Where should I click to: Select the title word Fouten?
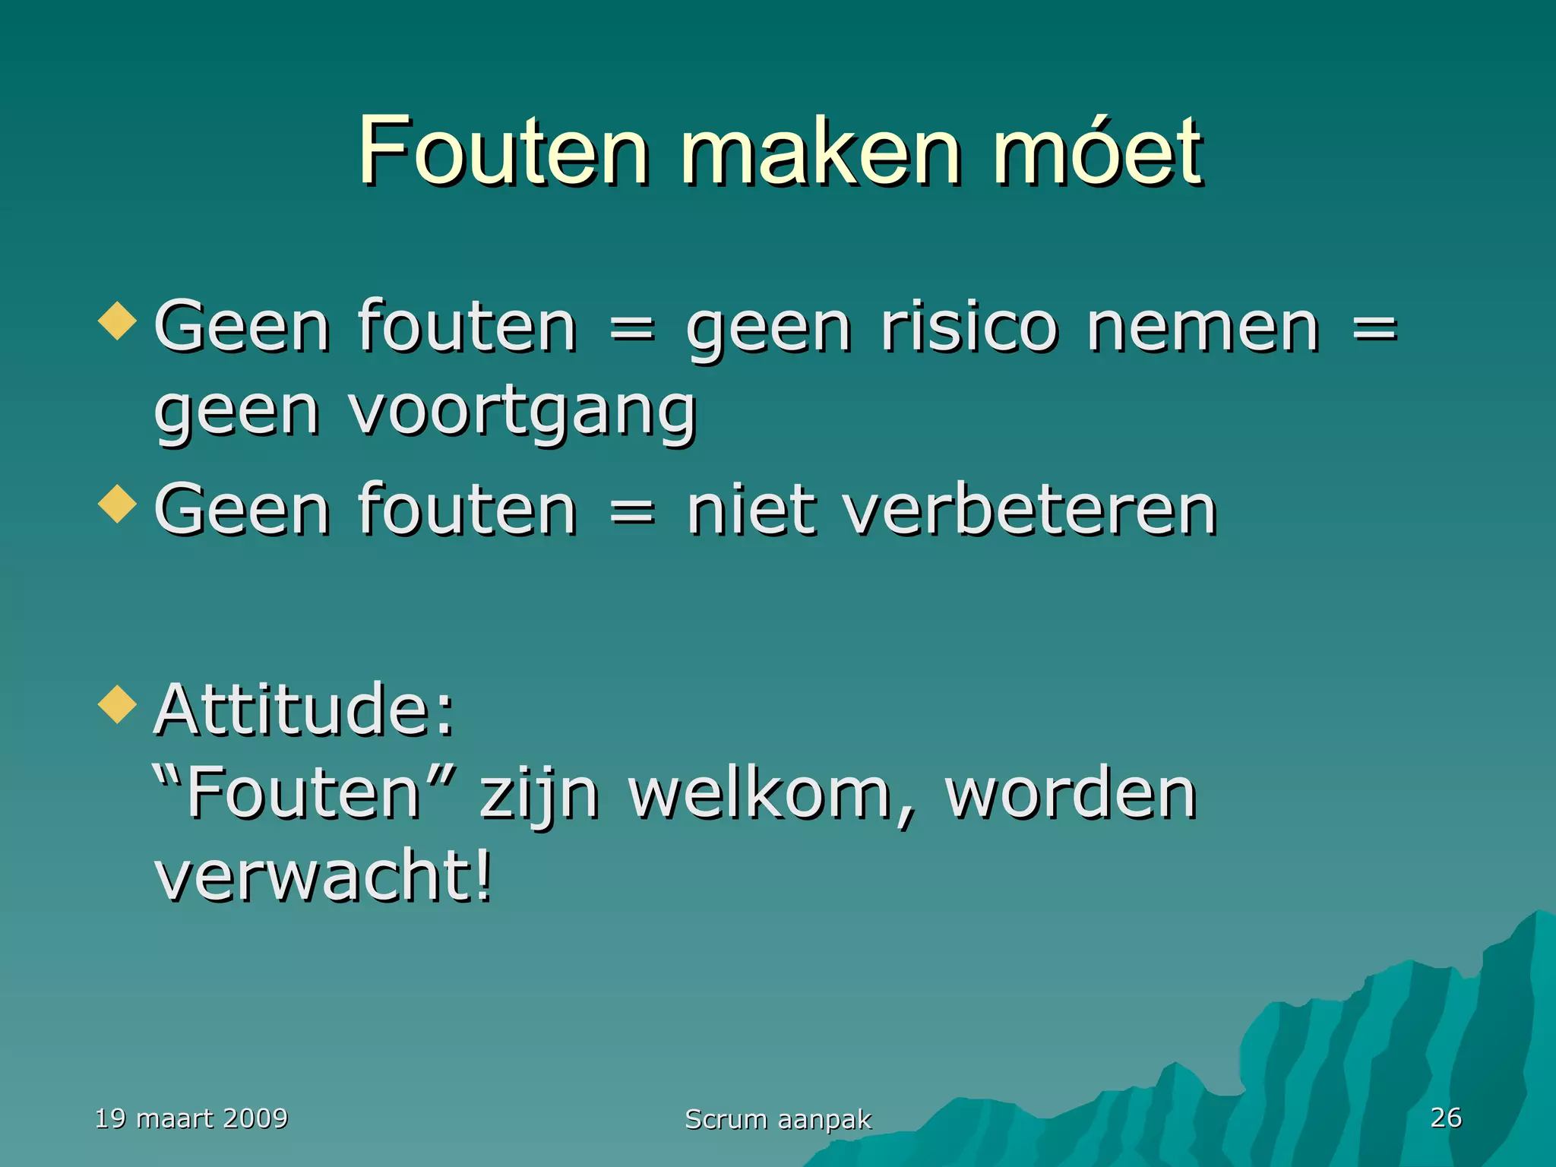click(x=503, y=152)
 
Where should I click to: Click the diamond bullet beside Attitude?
click(x=118, y=704)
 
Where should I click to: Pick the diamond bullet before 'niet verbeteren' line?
click(x=118, y=504)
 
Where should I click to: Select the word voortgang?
click(x=523, y=413)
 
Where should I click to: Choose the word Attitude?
click(x=304, y=710)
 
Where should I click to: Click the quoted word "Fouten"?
click(x=304, y=793)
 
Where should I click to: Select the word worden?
click(x=1071, y=793)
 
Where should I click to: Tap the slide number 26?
click(x=1446, y=1117)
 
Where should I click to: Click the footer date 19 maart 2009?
click(x=191, y=1118)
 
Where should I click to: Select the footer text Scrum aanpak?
click(x=778, y=1119)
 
